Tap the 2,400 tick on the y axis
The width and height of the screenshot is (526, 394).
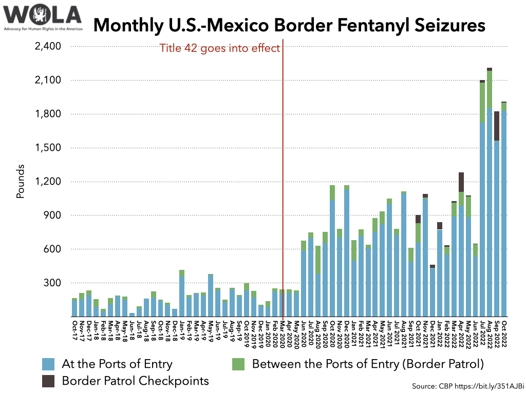coord(48,47)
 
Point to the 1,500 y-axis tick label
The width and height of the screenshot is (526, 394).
coord(48,148)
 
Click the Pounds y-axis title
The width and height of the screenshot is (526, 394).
coord(21,182)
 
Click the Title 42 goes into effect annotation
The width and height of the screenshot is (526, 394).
coord(219,49)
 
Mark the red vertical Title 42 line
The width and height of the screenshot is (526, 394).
coord(283,180)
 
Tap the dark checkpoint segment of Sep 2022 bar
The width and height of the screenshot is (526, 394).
coord(497,126)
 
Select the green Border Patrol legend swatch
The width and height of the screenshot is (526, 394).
coord(238,364)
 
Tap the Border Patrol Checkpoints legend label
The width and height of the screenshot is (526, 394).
coord(135,381)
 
